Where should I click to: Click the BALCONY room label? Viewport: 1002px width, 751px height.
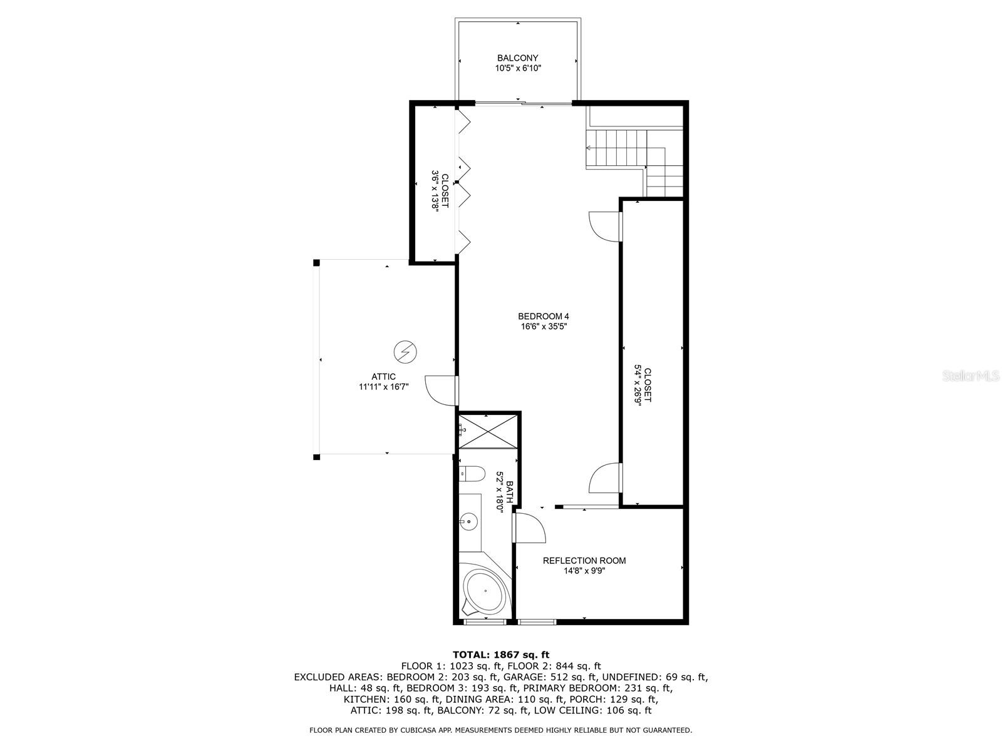[518, 58]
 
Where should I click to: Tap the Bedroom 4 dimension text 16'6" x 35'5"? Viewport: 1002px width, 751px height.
[543, 327]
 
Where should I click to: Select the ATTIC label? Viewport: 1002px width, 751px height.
[383, 377]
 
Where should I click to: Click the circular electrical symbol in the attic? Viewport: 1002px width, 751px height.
[86, 352]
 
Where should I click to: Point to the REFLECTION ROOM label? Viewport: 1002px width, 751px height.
[584, 560]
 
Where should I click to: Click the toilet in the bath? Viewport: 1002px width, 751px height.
[472, 474]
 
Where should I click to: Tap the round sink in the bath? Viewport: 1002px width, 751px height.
[468, 521]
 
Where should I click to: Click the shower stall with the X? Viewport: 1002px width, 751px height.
[488, 431]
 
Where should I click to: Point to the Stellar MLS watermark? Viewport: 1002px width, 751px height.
[970, 376]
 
